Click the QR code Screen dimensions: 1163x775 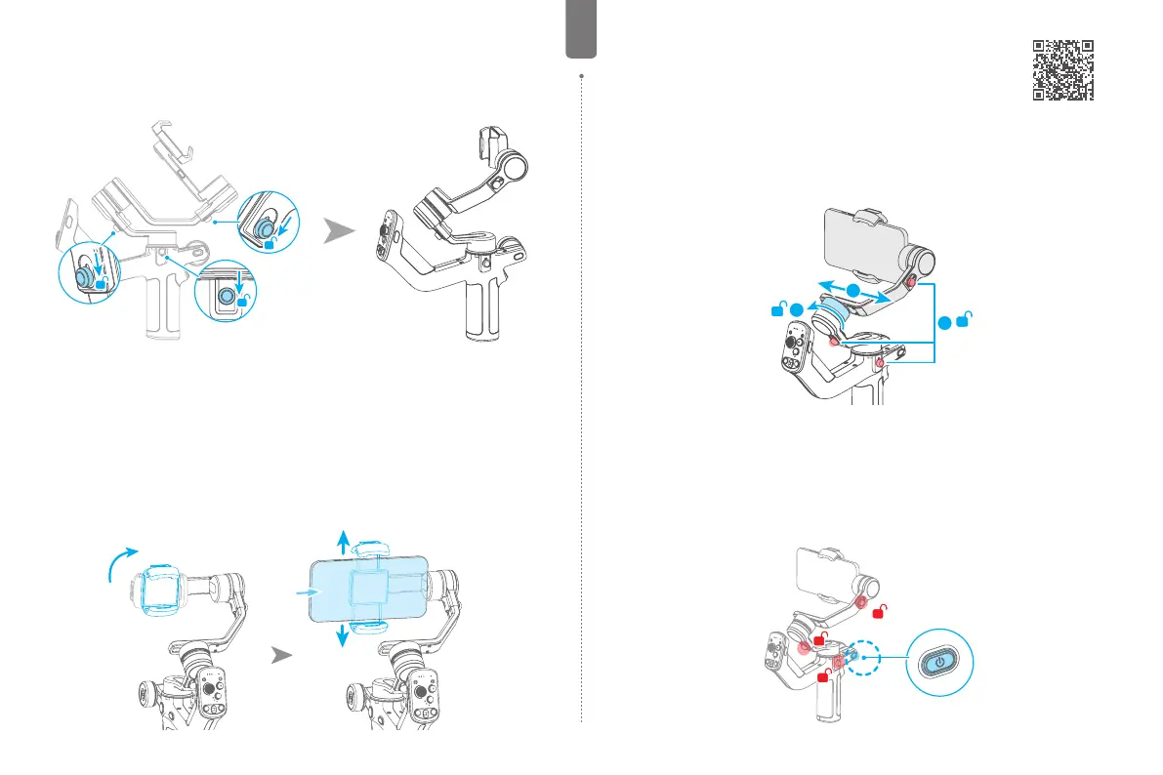(x=1062, y=70)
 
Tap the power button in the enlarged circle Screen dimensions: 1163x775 (x=939, y=662)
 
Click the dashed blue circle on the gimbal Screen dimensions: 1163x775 (x=856, y=657)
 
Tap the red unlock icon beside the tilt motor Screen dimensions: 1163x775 (x=881, y=611)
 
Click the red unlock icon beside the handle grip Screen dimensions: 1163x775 (x=822, y=674)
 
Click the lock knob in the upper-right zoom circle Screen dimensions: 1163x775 (x=265, y=225)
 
